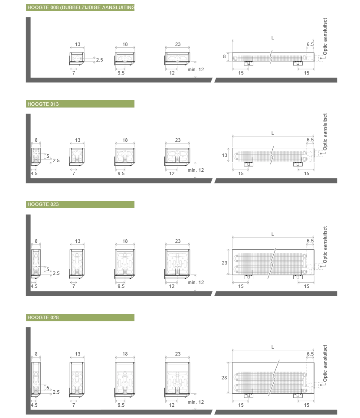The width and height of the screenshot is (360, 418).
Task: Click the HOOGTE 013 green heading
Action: (80, 104)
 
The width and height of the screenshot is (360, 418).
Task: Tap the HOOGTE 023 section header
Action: (80, 205)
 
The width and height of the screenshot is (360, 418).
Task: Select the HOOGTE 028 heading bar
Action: (80, 317)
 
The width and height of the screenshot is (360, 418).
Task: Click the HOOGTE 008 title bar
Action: (80, 7)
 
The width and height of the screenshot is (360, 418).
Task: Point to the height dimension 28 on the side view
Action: (224, 378)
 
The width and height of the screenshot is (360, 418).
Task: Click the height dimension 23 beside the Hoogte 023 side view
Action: (225, 263)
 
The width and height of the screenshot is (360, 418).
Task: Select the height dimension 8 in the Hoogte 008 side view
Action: (224, 56)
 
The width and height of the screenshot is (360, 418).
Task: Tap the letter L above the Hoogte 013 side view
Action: (272, 133)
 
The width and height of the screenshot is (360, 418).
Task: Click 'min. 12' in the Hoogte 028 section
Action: (196, 402)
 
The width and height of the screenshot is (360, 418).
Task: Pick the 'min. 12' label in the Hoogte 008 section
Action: (196, 69)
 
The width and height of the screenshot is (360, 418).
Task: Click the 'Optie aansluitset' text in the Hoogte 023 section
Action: (325, 245)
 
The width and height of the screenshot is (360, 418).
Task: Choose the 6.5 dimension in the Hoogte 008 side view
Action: (310, 44)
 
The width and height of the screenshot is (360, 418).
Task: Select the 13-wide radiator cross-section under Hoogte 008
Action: (77, 59)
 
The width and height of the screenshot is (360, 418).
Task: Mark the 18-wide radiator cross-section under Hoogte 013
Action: (125, 157)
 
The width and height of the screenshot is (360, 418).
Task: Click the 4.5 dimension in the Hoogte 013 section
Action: (34, 173)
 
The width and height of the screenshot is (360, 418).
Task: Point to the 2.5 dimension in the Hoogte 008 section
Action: (99, 60)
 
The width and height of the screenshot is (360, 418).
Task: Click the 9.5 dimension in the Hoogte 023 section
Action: (121, 286)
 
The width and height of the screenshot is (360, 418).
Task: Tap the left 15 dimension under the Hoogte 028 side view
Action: (241, 405)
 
